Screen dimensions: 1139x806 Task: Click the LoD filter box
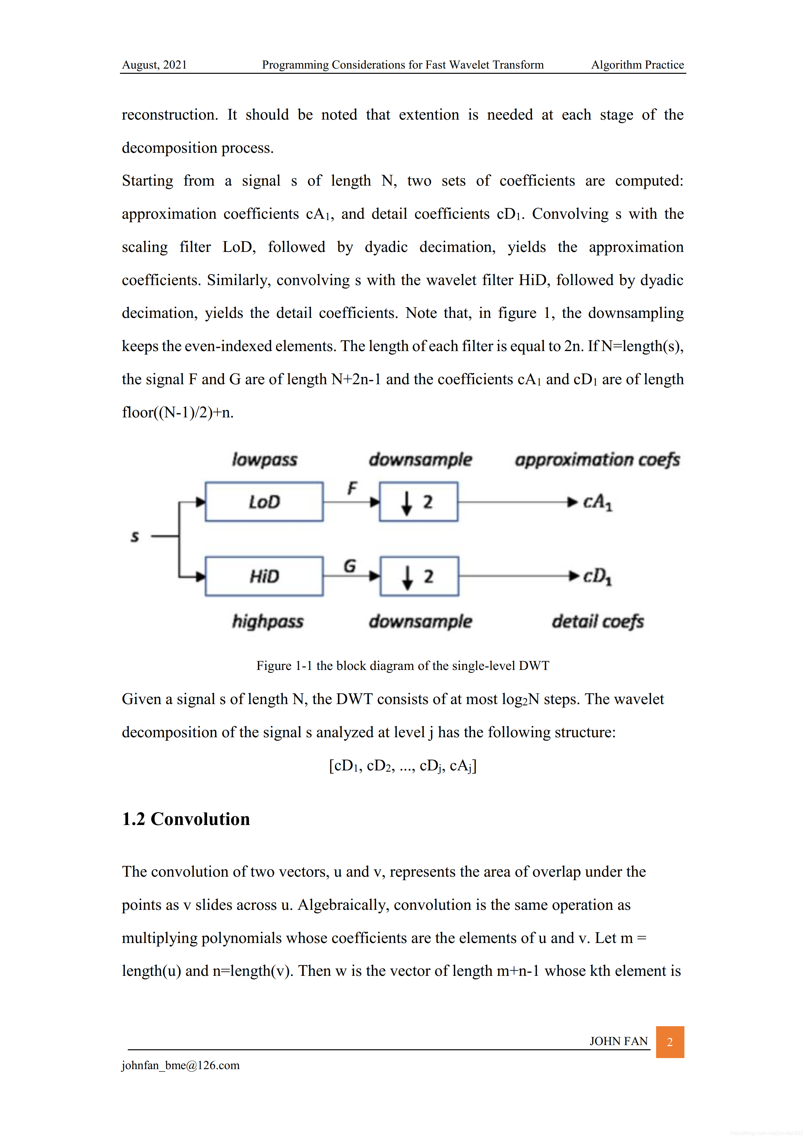coord(264,502)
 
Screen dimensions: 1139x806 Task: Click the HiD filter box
coord(264,576)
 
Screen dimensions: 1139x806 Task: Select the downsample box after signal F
coord(418,502)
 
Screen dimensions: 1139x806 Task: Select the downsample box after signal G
coord(419,576)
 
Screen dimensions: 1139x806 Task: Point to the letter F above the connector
coord(352,488)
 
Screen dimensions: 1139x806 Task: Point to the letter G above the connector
coord(350,566)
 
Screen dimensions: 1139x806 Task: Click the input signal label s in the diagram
coord(135,536)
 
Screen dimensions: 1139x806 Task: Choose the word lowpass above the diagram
coord(265,460)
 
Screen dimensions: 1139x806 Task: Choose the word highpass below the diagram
coord(268,622)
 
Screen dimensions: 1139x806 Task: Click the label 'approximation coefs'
coord(597,460)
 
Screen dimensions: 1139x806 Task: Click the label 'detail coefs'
coord(598,622)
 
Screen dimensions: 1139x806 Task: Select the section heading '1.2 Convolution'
coord(186,819)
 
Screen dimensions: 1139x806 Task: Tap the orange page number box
coord(669,1042)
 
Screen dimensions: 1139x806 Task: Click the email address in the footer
coord(181,1065)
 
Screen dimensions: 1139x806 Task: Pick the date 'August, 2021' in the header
coord(154,65)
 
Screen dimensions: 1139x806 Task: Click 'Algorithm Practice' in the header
coord(637,65)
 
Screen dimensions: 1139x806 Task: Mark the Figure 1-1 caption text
coord(403,666)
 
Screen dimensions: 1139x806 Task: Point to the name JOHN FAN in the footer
coord(618,1041)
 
